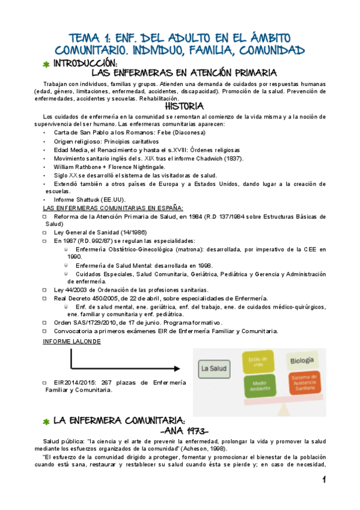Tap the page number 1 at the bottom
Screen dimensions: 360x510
click(x=323, y=479)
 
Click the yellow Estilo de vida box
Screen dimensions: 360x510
click(x=258, y=362)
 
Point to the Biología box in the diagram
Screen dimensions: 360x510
click(x=302, y=361)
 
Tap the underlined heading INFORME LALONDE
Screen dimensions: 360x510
click(x=72, y=342)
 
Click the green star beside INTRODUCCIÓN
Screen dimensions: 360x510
click(x=46, y=64)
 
